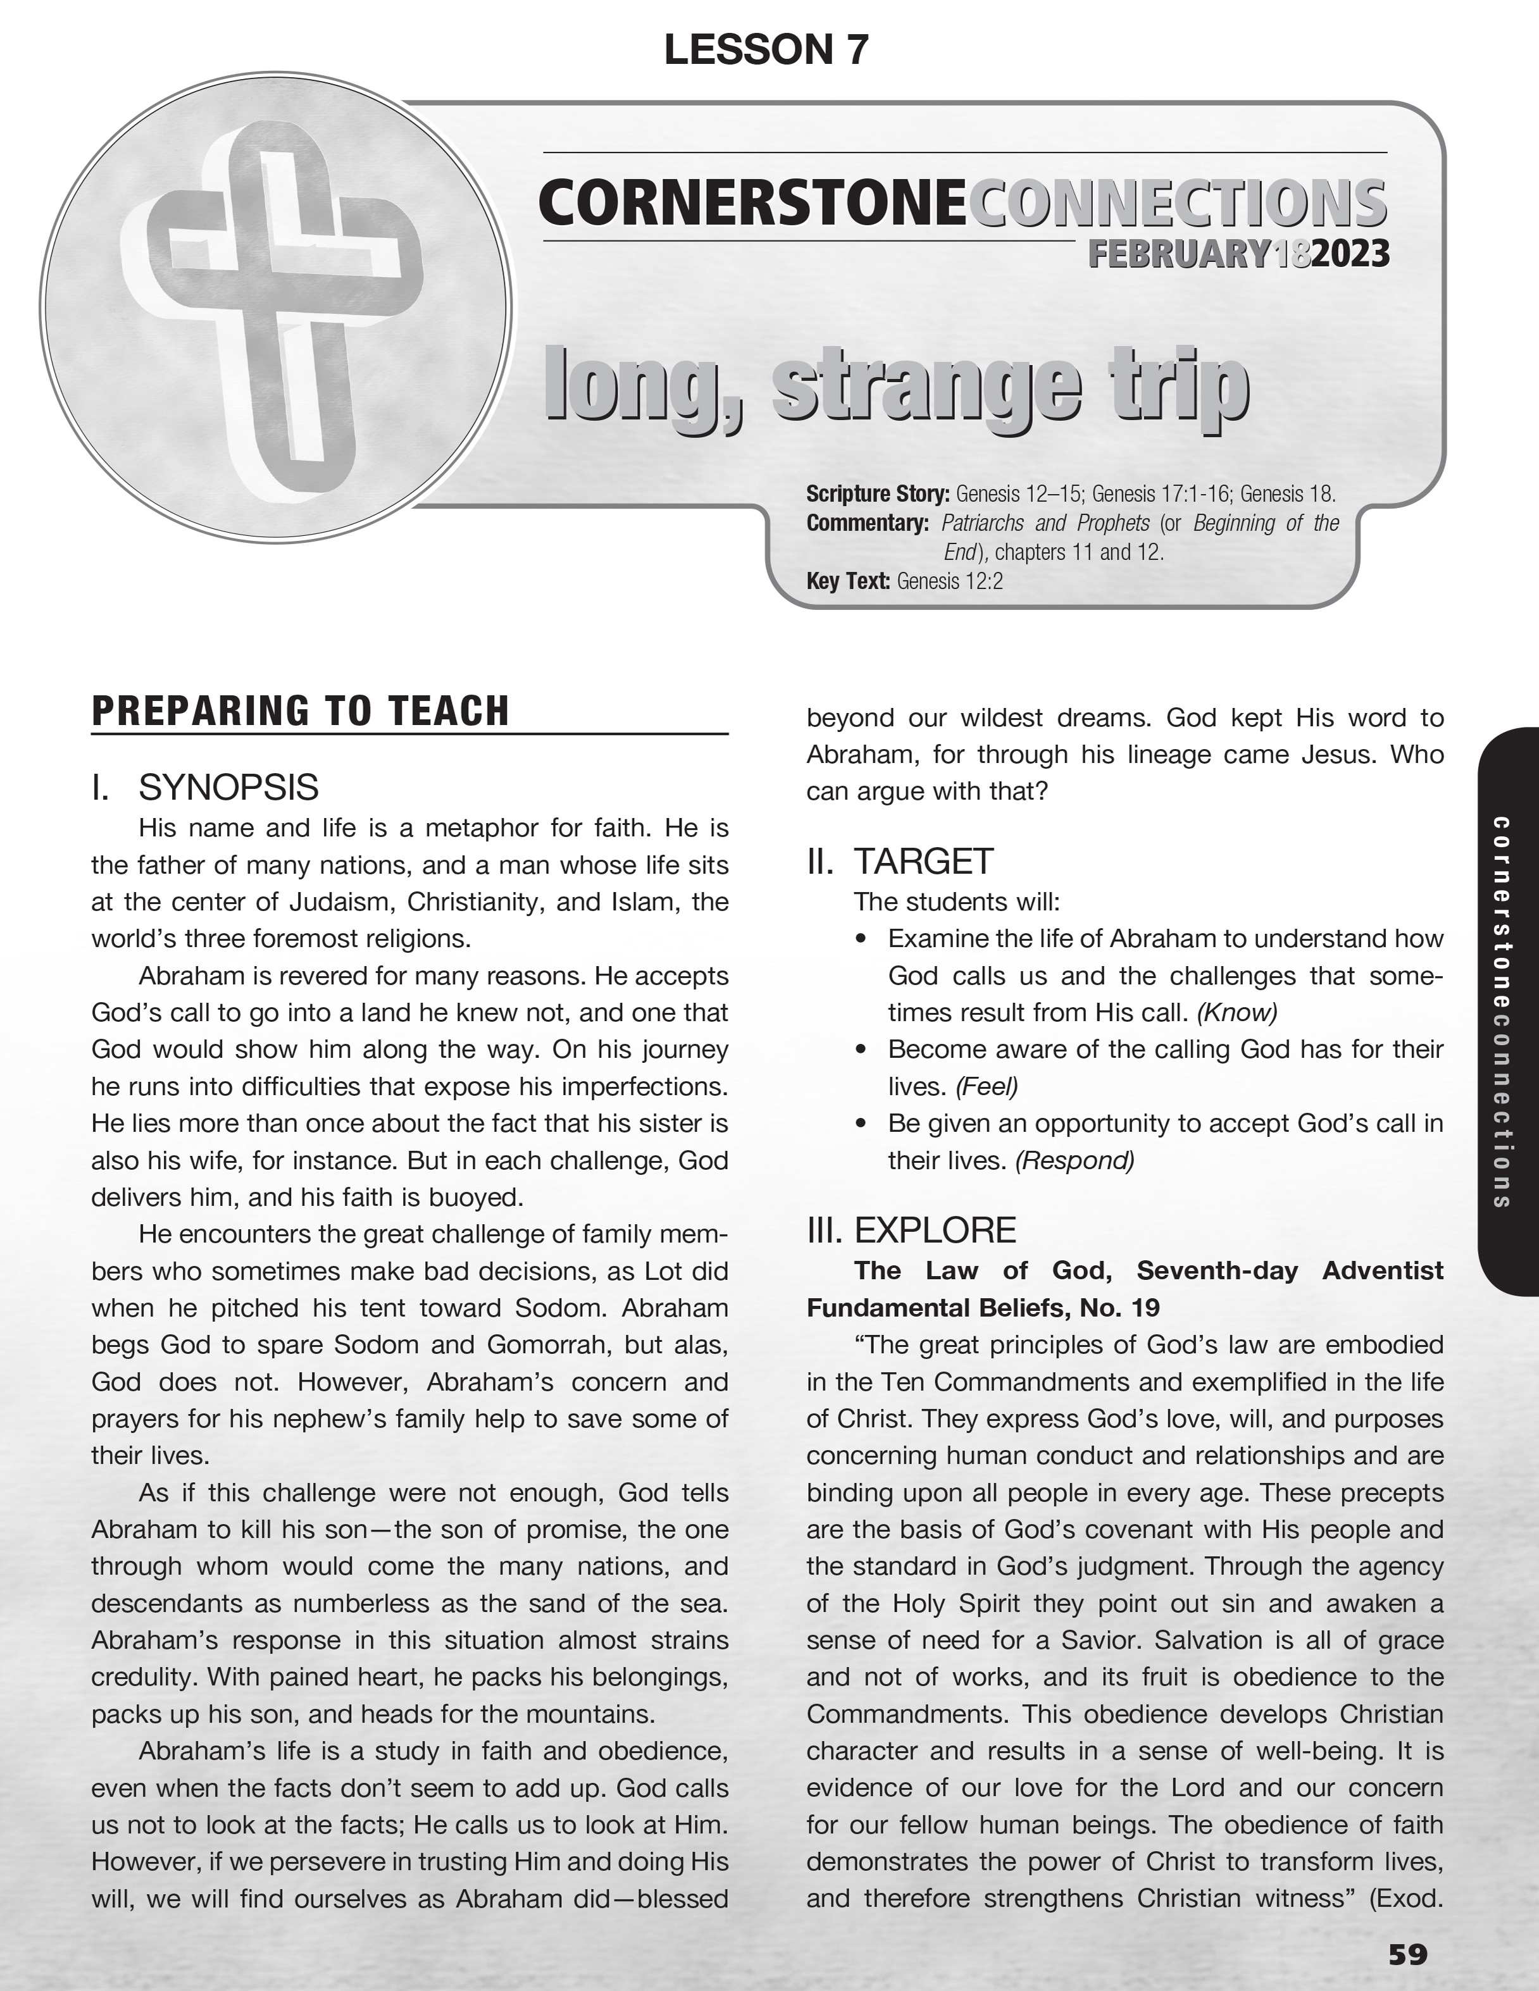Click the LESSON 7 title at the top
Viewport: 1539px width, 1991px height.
tap(766, 49)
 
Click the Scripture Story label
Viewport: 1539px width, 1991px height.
tap(877, 494)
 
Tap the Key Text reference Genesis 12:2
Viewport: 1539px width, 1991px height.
tap(949, 581)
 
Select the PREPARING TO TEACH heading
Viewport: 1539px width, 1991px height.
tap(300, 711)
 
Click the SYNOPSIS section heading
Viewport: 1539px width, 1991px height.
tap(228, 787)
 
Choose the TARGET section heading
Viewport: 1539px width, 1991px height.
tap(923, 860)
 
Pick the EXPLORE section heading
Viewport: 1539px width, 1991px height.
tap(935, 1230)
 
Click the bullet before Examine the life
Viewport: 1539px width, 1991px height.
tap(861, 939)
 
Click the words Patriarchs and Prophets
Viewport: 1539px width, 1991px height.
tap(1045, 523)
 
